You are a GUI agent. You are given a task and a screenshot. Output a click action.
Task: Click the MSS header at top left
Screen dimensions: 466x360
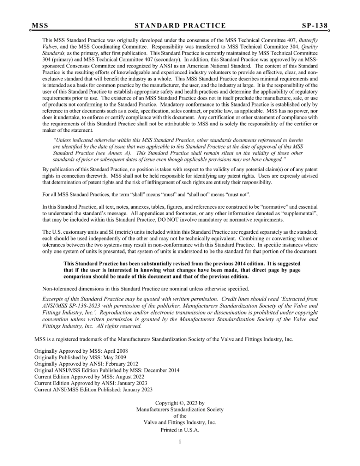click(x=40, y=26)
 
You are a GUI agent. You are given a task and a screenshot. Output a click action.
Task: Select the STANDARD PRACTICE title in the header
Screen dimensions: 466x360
click(x=180, y=26)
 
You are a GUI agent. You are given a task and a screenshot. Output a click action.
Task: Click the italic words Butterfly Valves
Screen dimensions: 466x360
click(x=308, y=40)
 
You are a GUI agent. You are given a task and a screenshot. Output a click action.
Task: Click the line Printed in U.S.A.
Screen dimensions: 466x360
click(x=180, y=430)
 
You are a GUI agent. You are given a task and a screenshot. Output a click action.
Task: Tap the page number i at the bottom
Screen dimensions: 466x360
click(x=180, y=442)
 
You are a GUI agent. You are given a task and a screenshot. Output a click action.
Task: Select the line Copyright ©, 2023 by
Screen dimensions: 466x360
click(x=180, y=403)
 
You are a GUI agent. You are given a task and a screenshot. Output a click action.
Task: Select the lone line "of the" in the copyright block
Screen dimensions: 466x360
click(x=180, y=416)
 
